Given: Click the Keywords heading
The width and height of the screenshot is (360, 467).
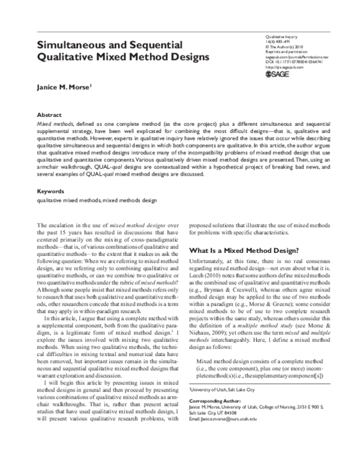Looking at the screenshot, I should (x=52, y=174).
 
